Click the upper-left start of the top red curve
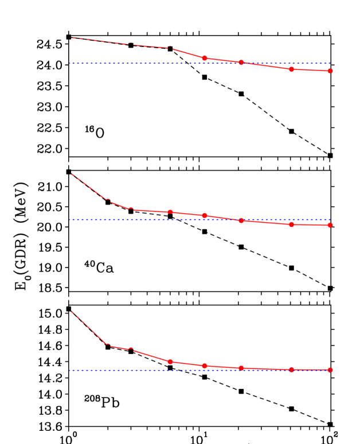72,37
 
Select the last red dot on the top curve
330,71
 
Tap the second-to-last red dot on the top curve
291,69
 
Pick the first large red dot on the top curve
205,58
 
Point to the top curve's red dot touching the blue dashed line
241,62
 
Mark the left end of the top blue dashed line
69,63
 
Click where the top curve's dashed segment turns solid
170,48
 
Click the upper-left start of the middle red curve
72,173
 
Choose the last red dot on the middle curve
330,225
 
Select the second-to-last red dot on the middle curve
291,225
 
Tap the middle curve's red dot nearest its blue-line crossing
241,221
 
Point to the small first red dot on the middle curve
131,209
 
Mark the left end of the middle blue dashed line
69,219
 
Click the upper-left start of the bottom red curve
72,311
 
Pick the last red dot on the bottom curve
330,370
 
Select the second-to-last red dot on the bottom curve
291,370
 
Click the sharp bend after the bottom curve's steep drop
107,344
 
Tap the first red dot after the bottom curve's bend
131,349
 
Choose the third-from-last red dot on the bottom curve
241,368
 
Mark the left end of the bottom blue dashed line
69,370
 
